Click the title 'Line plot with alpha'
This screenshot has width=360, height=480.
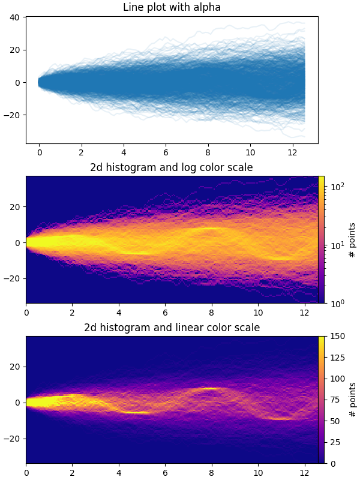coord(172,8)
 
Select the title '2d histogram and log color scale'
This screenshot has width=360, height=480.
coord(172,167)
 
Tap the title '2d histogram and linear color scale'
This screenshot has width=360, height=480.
coord(172,328)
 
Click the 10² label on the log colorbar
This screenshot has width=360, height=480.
coord(335,188)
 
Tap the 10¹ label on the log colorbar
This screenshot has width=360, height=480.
coord(335,245)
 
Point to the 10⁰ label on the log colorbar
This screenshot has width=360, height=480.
coord(335,304)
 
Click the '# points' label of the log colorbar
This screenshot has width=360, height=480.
coord(352,240)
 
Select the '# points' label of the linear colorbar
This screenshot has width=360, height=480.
coord(352,400)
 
